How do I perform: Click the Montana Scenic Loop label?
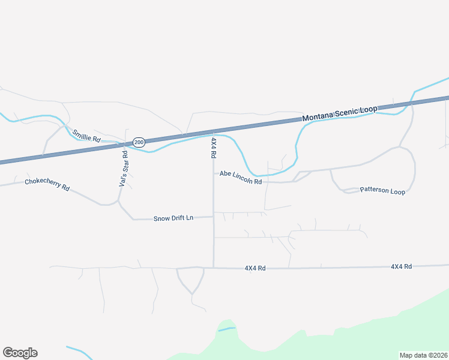tap(339, 113)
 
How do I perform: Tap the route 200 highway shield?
tap(139, 142)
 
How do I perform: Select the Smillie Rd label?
tap(86, 136)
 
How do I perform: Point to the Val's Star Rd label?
tap(123, 169)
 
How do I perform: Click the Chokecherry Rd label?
tap(47, 184)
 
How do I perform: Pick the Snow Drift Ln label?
tap(173, 218)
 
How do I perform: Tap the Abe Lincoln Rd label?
tap(241, 177)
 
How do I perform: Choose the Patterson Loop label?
tap(382, 191)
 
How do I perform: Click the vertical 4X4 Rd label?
tap(213, 148)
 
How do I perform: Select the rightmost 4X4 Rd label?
tap(401, 266)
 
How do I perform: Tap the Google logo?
tap(20, 353)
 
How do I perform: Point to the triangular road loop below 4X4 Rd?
tap(190, 279)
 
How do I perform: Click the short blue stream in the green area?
tap(226, 329)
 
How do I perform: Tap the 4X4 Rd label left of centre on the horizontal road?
tap(255, 268)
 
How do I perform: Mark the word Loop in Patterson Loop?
tap(397, 192)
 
